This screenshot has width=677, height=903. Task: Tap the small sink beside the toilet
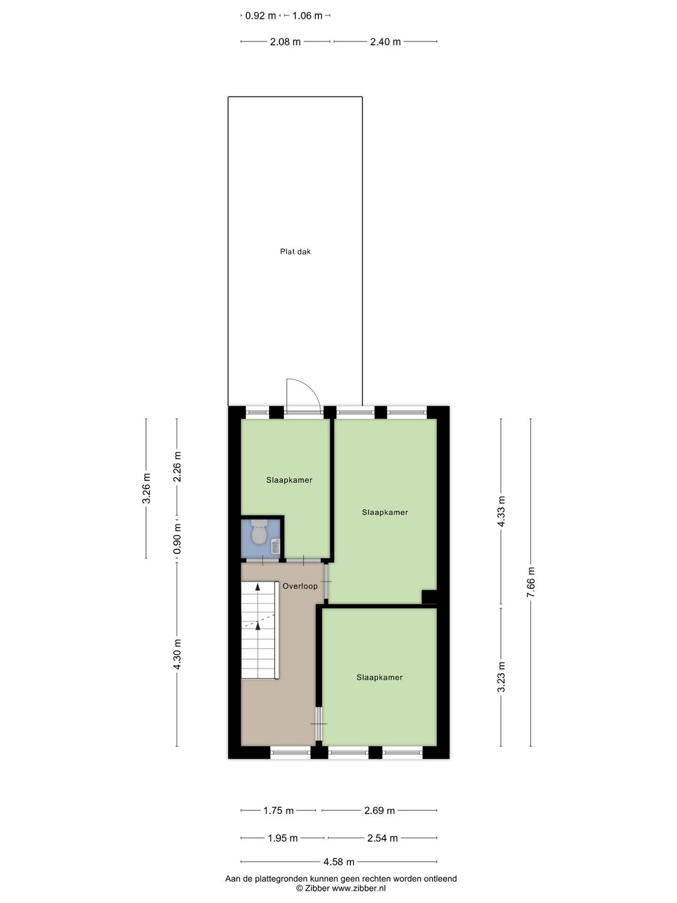[275, 547]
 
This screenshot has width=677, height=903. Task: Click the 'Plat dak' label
[295, 251]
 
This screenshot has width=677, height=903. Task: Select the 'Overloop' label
[300, 586]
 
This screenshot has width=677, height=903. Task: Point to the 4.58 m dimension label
[338, 862]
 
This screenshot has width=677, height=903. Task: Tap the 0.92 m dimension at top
[260, 16]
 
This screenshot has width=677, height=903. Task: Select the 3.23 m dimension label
[501, 678]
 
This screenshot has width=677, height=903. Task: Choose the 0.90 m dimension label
[177, 539]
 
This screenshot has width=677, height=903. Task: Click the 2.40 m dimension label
[385, 42]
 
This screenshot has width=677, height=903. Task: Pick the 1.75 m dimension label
[278, 810]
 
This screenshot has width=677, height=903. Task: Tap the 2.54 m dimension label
[382, 838]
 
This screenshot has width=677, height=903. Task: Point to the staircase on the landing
[260, 630]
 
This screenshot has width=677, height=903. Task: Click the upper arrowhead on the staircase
[257, 587]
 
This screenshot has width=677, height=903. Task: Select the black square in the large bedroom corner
[429, 597]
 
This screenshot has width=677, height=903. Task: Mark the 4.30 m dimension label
[177, 655]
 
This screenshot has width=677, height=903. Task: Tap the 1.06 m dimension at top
[307, 16]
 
